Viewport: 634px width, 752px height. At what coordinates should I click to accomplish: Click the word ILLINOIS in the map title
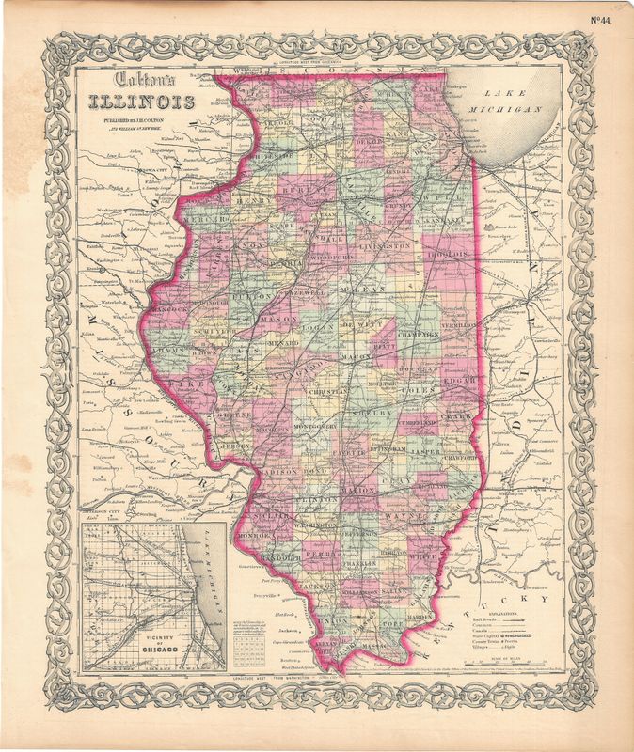pos(143,102)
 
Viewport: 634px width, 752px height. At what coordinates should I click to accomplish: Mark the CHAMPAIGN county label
pos(418,333)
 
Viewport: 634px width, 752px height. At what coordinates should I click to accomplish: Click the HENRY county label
pos(253,201)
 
